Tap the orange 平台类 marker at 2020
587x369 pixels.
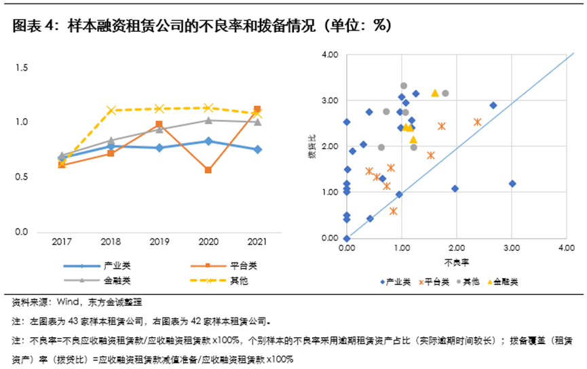(x=208, y=170)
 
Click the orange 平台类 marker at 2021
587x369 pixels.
(x=257, y=109)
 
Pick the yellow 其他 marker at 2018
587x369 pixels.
(x=111, y=110)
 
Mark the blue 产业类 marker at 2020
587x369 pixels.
(x=208, y=141)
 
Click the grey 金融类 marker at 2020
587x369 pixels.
(x=208, y=120)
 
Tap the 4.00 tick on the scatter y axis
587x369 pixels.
(x=330, y=55)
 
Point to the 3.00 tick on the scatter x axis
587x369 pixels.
(x=511, y=248)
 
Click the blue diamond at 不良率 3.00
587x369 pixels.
(x=512, y=184)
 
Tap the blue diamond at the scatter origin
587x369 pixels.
(x=347, y=238)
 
